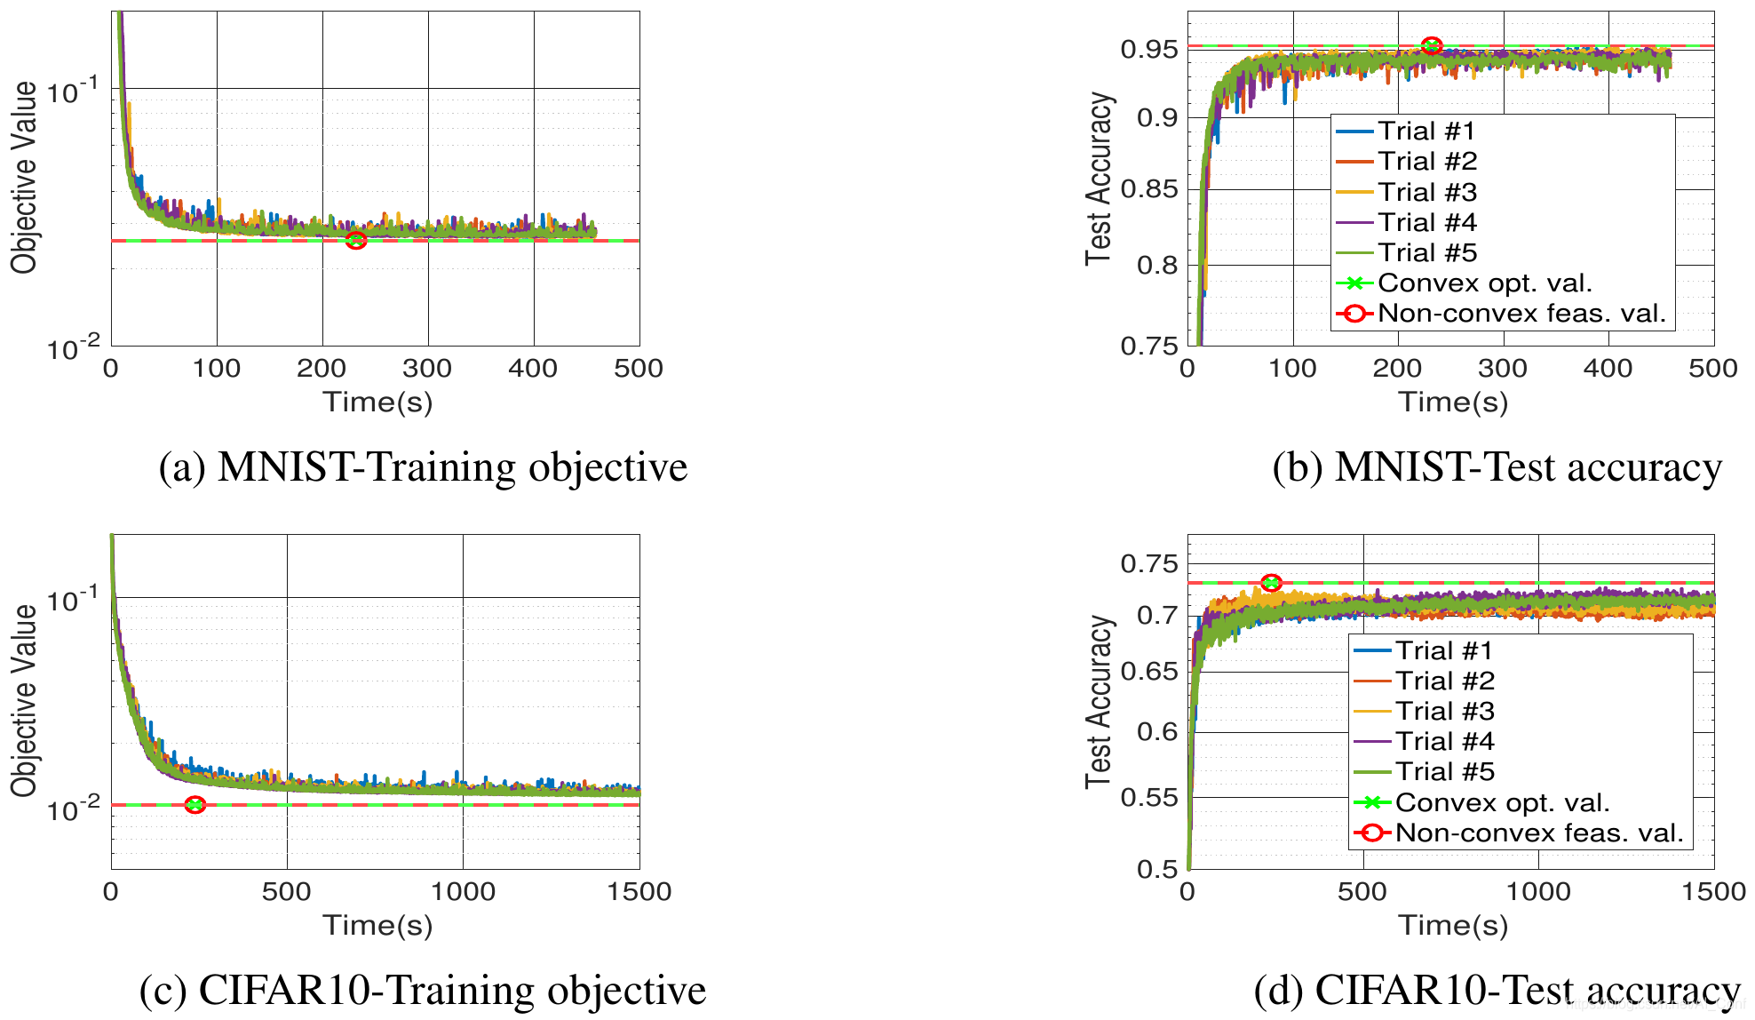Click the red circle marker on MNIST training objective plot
(x=356, y=241)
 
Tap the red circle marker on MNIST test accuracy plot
(x=1432, y=46)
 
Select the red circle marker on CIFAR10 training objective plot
(x=195, y=805)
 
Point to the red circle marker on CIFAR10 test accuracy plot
(x=1272, y=583)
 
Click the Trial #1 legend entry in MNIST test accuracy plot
(x=1425, y=131)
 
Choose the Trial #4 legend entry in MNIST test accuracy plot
(x=1426, y=222)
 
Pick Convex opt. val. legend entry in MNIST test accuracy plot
(x=1484, y=283)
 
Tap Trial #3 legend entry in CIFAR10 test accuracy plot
(x=1444, y=711)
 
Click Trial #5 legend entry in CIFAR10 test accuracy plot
(x=1444, y=771)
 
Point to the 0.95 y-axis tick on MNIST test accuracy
(x=1149, y=49)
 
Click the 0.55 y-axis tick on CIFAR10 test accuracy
(x=1149, y=797)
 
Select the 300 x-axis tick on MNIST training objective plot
(x=427, y=368)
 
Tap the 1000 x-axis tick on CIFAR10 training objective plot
(x=463, y=891)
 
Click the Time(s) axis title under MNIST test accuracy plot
(x=1453, y=402)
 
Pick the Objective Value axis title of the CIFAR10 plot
(x=24, y=701)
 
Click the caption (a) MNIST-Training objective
(x=423, y=467)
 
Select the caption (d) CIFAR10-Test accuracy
(x=1497, y=990)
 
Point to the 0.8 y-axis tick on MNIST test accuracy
(x=1157, y=265)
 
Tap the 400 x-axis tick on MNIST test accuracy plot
(x=1608, y=368)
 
